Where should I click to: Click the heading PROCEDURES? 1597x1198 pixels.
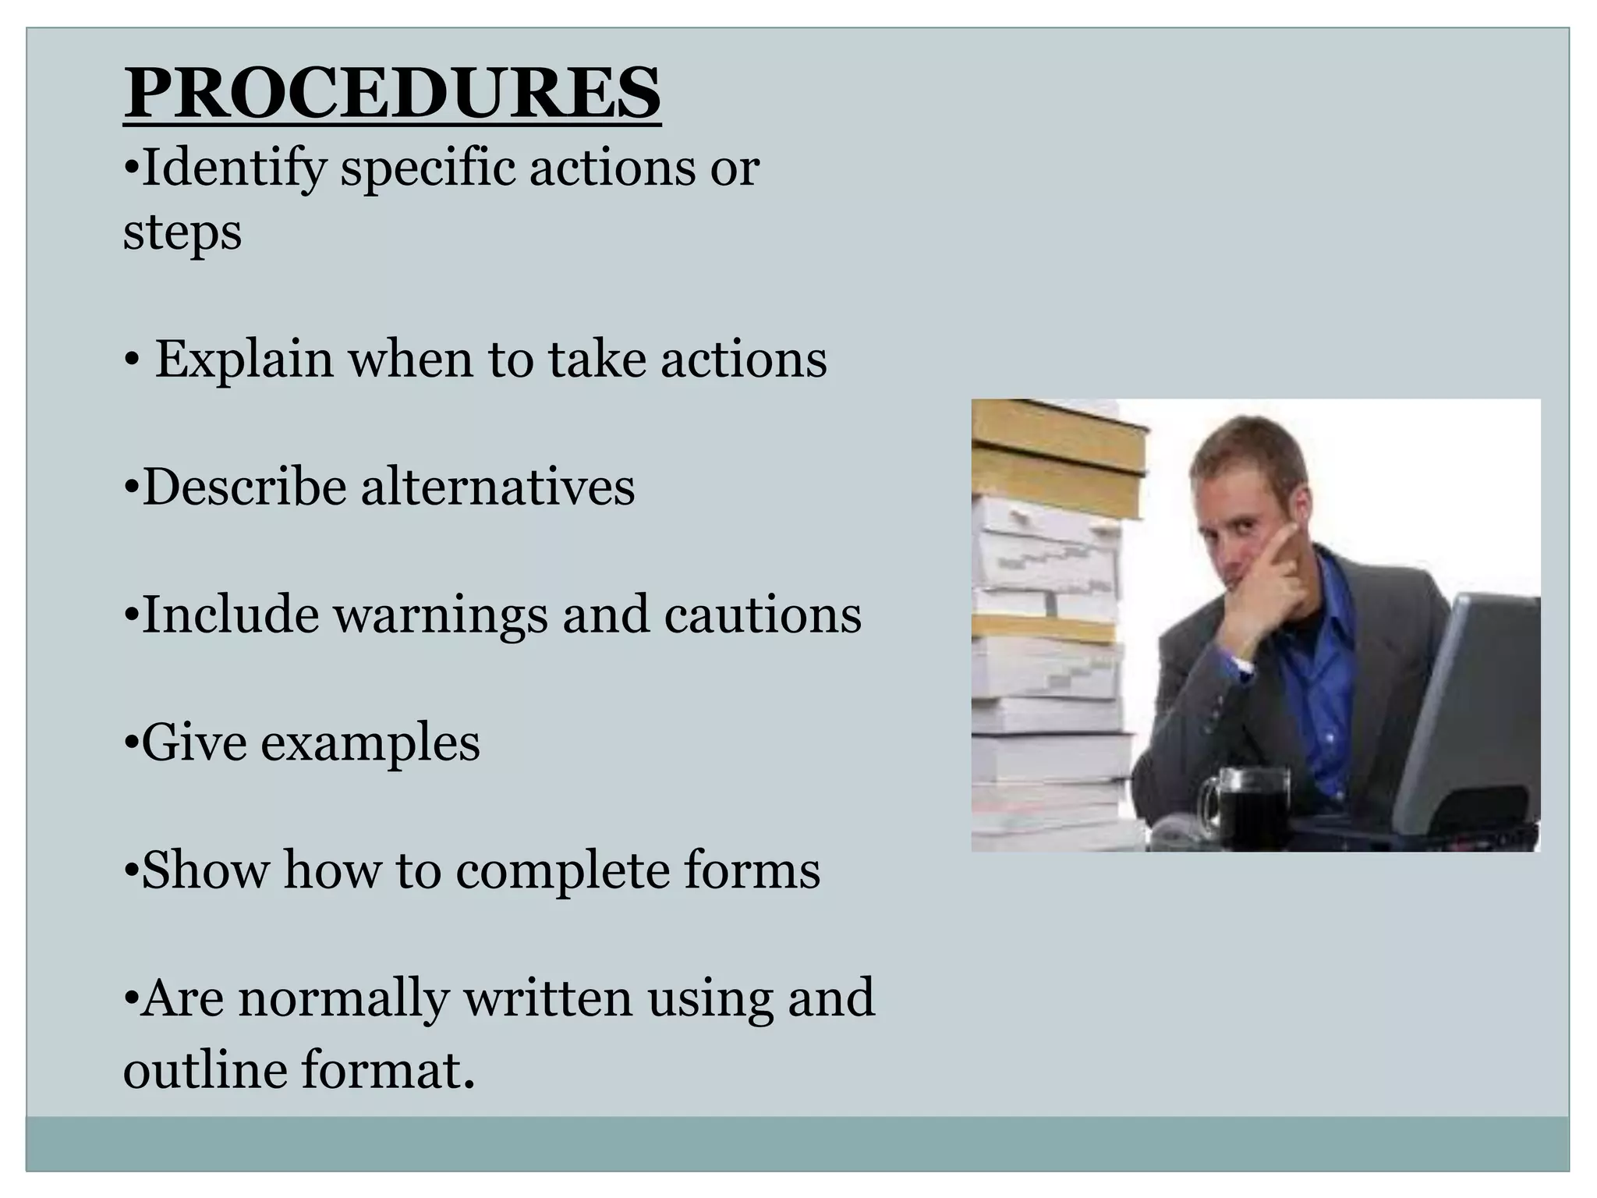click(392, 94)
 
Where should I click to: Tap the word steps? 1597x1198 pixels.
click(182, 232)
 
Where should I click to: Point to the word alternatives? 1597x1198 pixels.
click(498, 487)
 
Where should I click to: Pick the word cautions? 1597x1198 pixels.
click(763, 615)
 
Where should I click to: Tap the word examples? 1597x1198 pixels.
click(370, 743)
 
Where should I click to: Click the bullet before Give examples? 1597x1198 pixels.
click(130, 743)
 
